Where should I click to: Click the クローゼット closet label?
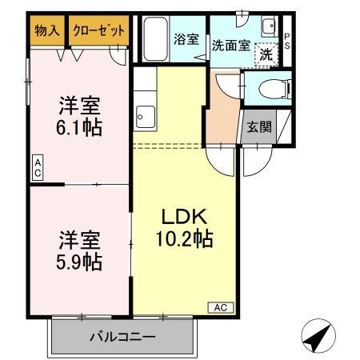point(99,31)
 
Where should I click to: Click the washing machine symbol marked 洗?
point(265,55)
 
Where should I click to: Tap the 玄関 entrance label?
point(258,126)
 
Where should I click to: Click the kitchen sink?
point(144,118)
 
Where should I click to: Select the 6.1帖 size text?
point(80,126)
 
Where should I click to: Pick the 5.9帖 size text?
point(80,262)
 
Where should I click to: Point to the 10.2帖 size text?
point(185,238)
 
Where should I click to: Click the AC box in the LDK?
point(222,307)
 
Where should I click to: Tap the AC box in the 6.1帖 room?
point(37,168)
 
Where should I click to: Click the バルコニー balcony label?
point(122,336)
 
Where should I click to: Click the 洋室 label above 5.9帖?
point(80,238)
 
